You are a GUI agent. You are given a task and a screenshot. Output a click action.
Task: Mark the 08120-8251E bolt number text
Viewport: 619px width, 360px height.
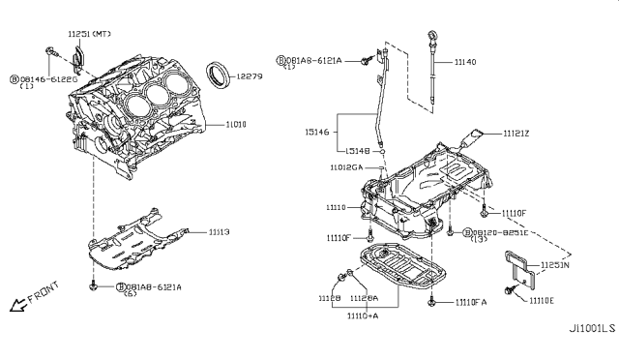click(x=502, y=233)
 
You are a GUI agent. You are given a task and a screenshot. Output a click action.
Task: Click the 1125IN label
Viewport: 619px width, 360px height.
click(x=555, y=262)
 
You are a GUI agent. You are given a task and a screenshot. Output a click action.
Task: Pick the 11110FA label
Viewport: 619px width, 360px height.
click(x=471, y=303)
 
